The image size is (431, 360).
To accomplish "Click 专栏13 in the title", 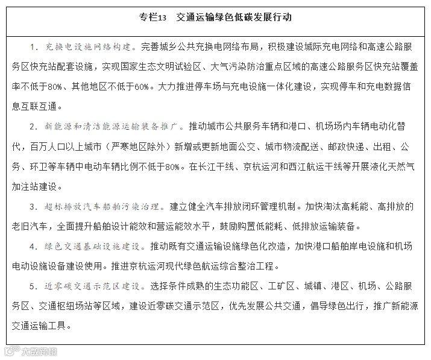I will tap(151, 17).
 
